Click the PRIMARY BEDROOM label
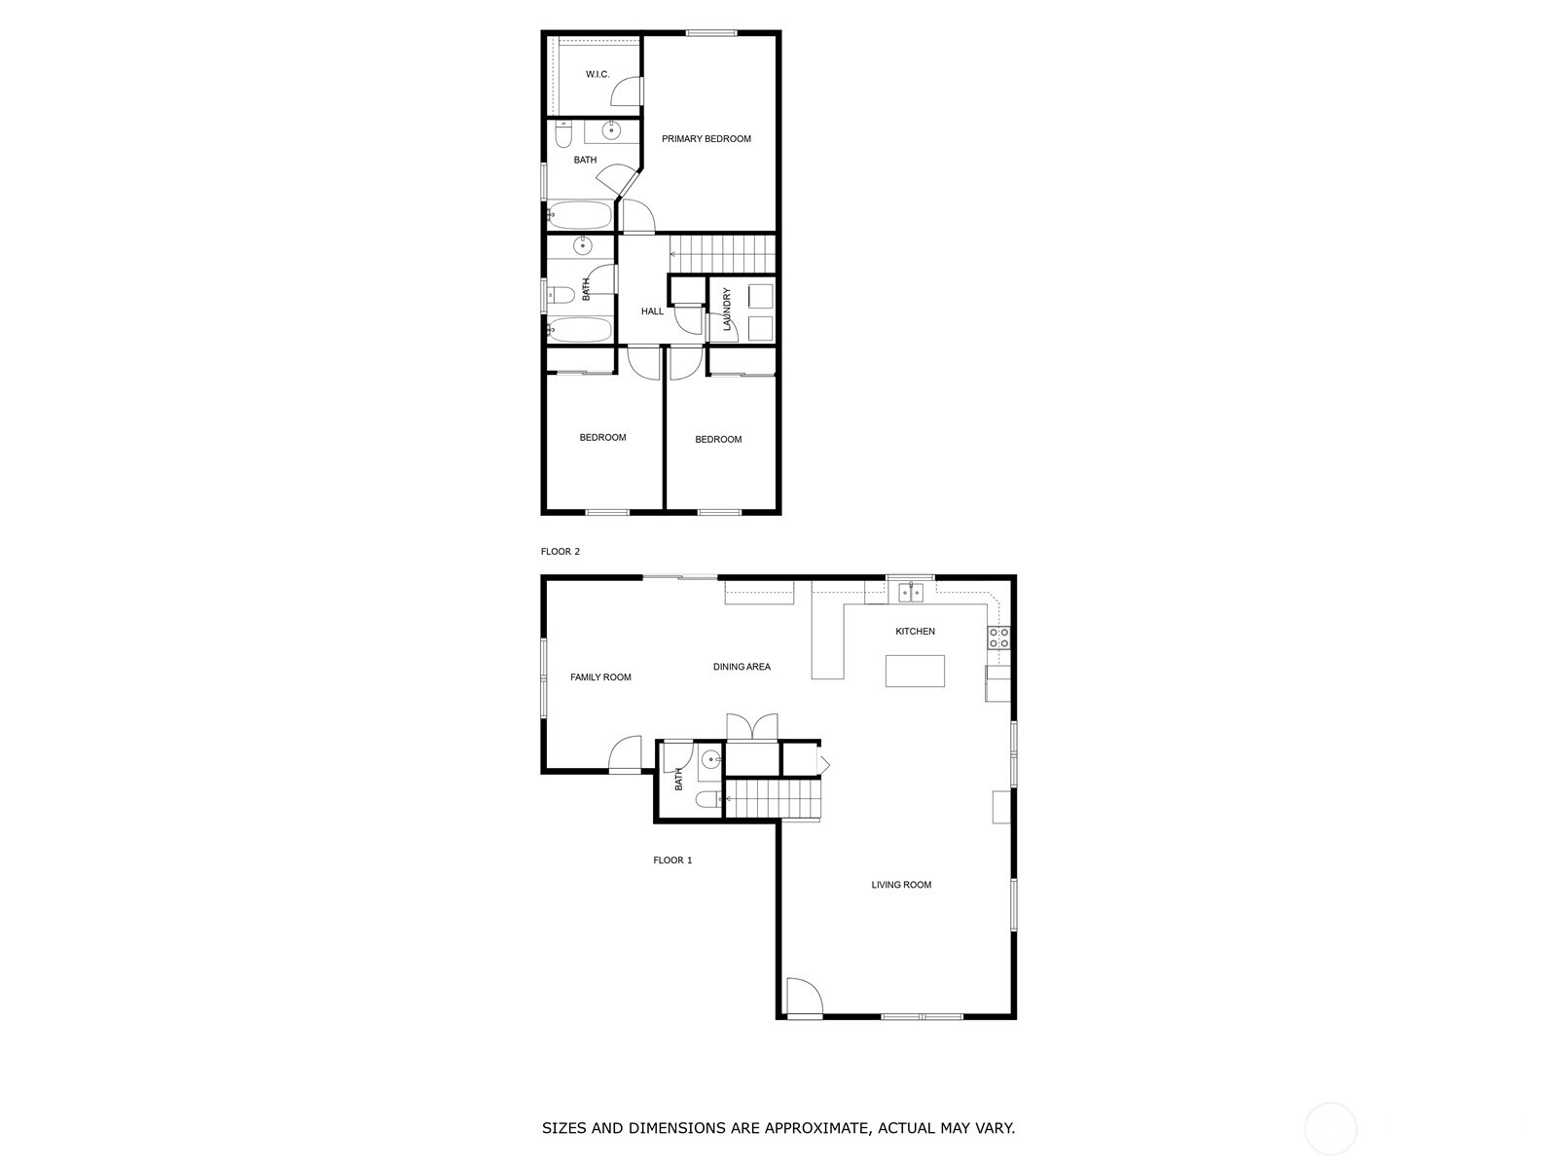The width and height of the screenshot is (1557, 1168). click(706, 139)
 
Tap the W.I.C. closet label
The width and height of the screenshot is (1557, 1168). click(597, 75)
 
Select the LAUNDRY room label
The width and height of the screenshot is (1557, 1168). click(726, 310)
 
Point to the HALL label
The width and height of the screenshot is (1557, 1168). click(652, 311)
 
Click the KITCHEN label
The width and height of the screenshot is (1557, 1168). click(915, 631)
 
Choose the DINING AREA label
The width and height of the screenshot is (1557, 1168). click(742, 667)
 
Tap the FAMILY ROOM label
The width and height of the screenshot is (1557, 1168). click(600, 677)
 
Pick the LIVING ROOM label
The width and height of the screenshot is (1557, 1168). click(901, 885)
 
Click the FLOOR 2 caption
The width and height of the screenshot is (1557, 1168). click(560, 551)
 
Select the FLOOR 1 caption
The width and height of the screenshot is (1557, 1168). click(672, 860)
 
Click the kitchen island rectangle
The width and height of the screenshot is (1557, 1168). click(915, 671)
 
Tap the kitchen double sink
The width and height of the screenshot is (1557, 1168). click(910, 592)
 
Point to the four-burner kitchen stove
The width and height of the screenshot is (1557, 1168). click(998, 639)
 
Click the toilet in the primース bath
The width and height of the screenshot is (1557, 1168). click(563, 134)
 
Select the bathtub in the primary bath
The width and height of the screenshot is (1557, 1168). click(580, 214)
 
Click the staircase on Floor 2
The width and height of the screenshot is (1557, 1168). click(723, 254)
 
